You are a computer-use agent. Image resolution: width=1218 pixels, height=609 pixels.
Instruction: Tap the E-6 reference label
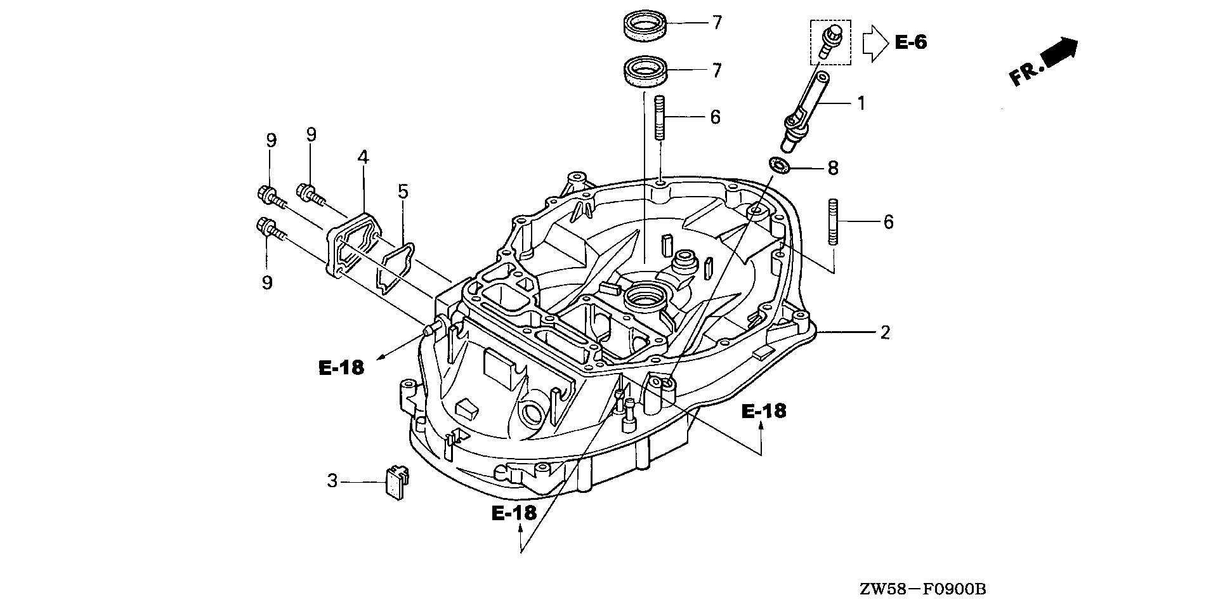[x=911, y=43]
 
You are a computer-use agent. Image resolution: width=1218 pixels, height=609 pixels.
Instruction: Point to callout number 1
[x=861, y=103]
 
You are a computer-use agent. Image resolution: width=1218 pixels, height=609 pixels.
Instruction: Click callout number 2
[x=885, y=332]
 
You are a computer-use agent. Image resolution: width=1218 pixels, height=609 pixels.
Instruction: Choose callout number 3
[x=332, y=481]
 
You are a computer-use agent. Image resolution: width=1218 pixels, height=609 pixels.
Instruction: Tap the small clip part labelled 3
[x=396, y=482]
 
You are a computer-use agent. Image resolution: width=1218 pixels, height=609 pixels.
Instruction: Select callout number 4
[x=363, y=157]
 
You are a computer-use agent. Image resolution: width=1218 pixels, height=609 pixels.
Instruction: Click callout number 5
[x=403, y=192]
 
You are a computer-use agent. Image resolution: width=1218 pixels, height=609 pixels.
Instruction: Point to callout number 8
[x=833, y=168]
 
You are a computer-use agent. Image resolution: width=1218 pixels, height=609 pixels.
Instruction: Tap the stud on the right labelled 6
[x=834, y=222]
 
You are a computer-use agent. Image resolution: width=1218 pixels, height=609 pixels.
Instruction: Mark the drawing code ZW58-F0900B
[x=924, y=590]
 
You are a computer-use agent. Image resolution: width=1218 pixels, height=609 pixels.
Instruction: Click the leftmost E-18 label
[x=341, y=367]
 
